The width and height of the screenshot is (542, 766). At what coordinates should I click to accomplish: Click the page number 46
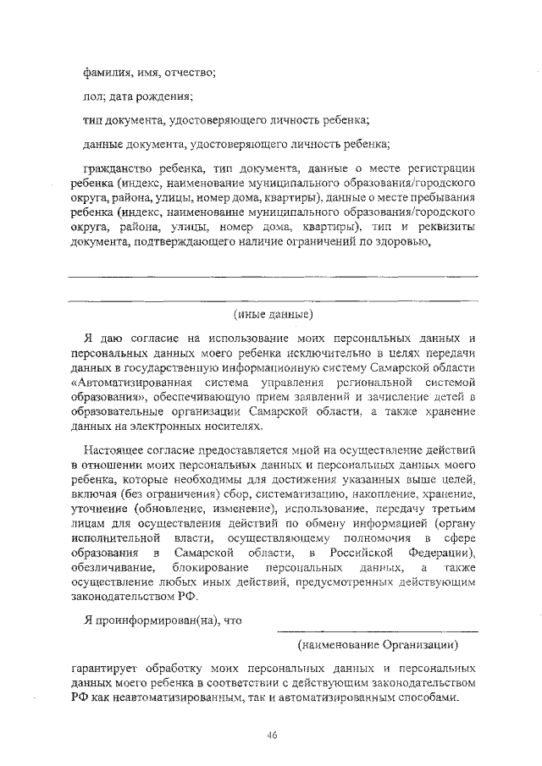point(271,734)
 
